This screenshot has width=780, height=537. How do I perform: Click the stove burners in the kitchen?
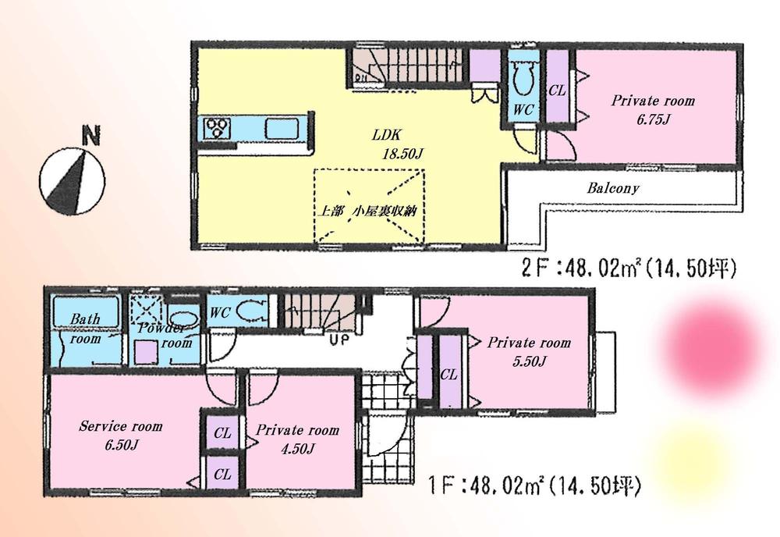pos(215,127)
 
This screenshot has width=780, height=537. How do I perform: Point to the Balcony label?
pos(613,188)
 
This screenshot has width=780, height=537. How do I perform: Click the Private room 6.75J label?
pos(652,108)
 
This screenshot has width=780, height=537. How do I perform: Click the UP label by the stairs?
pos(339,340)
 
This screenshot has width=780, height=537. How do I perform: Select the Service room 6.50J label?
pos(120,434)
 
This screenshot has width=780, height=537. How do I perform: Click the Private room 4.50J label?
pos(297,438)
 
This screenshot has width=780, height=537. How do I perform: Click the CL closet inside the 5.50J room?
pos(448,374)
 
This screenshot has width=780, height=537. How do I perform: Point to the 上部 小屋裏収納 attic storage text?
pos(371,212)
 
